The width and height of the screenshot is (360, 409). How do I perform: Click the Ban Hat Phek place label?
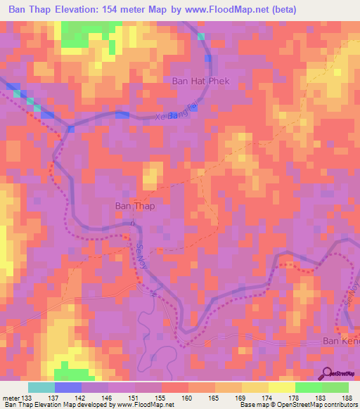click(200, 82)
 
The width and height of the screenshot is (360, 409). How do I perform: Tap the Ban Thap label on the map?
click(134, 207)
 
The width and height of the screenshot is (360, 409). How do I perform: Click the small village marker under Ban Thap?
click(132, 223)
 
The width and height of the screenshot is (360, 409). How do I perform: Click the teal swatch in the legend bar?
click(41, 387)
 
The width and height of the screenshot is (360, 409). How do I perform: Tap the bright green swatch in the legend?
click(308, 387)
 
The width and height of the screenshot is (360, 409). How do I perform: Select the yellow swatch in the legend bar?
click(281, 387)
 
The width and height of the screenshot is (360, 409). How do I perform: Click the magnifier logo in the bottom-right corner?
click(327, 373)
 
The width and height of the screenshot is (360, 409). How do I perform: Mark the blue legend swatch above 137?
click(68, 387)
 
